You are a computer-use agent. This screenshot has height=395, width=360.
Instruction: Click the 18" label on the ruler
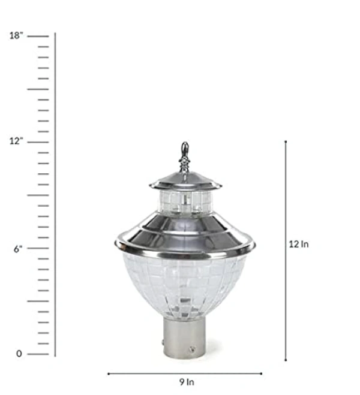[16, 35]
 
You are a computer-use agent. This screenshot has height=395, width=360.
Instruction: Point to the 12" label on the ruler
[16, 141]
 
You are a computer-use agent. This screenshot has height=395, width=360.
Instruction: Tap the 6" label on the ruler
[18, 249]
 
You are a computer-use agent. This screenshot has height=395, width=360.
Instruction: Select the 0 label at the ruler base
[19, 354]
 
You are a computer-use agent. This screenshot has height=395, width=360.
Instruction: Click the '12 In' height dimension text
[299, 244]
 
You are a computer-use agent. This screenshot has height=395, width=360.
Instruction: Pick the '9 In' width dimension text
[187, 382]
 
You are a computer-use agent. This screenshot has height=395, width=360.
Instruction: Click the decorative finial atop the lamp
[185, 158]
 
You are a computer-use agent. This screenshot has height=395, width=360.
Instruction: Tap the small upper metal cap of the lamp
[185, 182]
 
